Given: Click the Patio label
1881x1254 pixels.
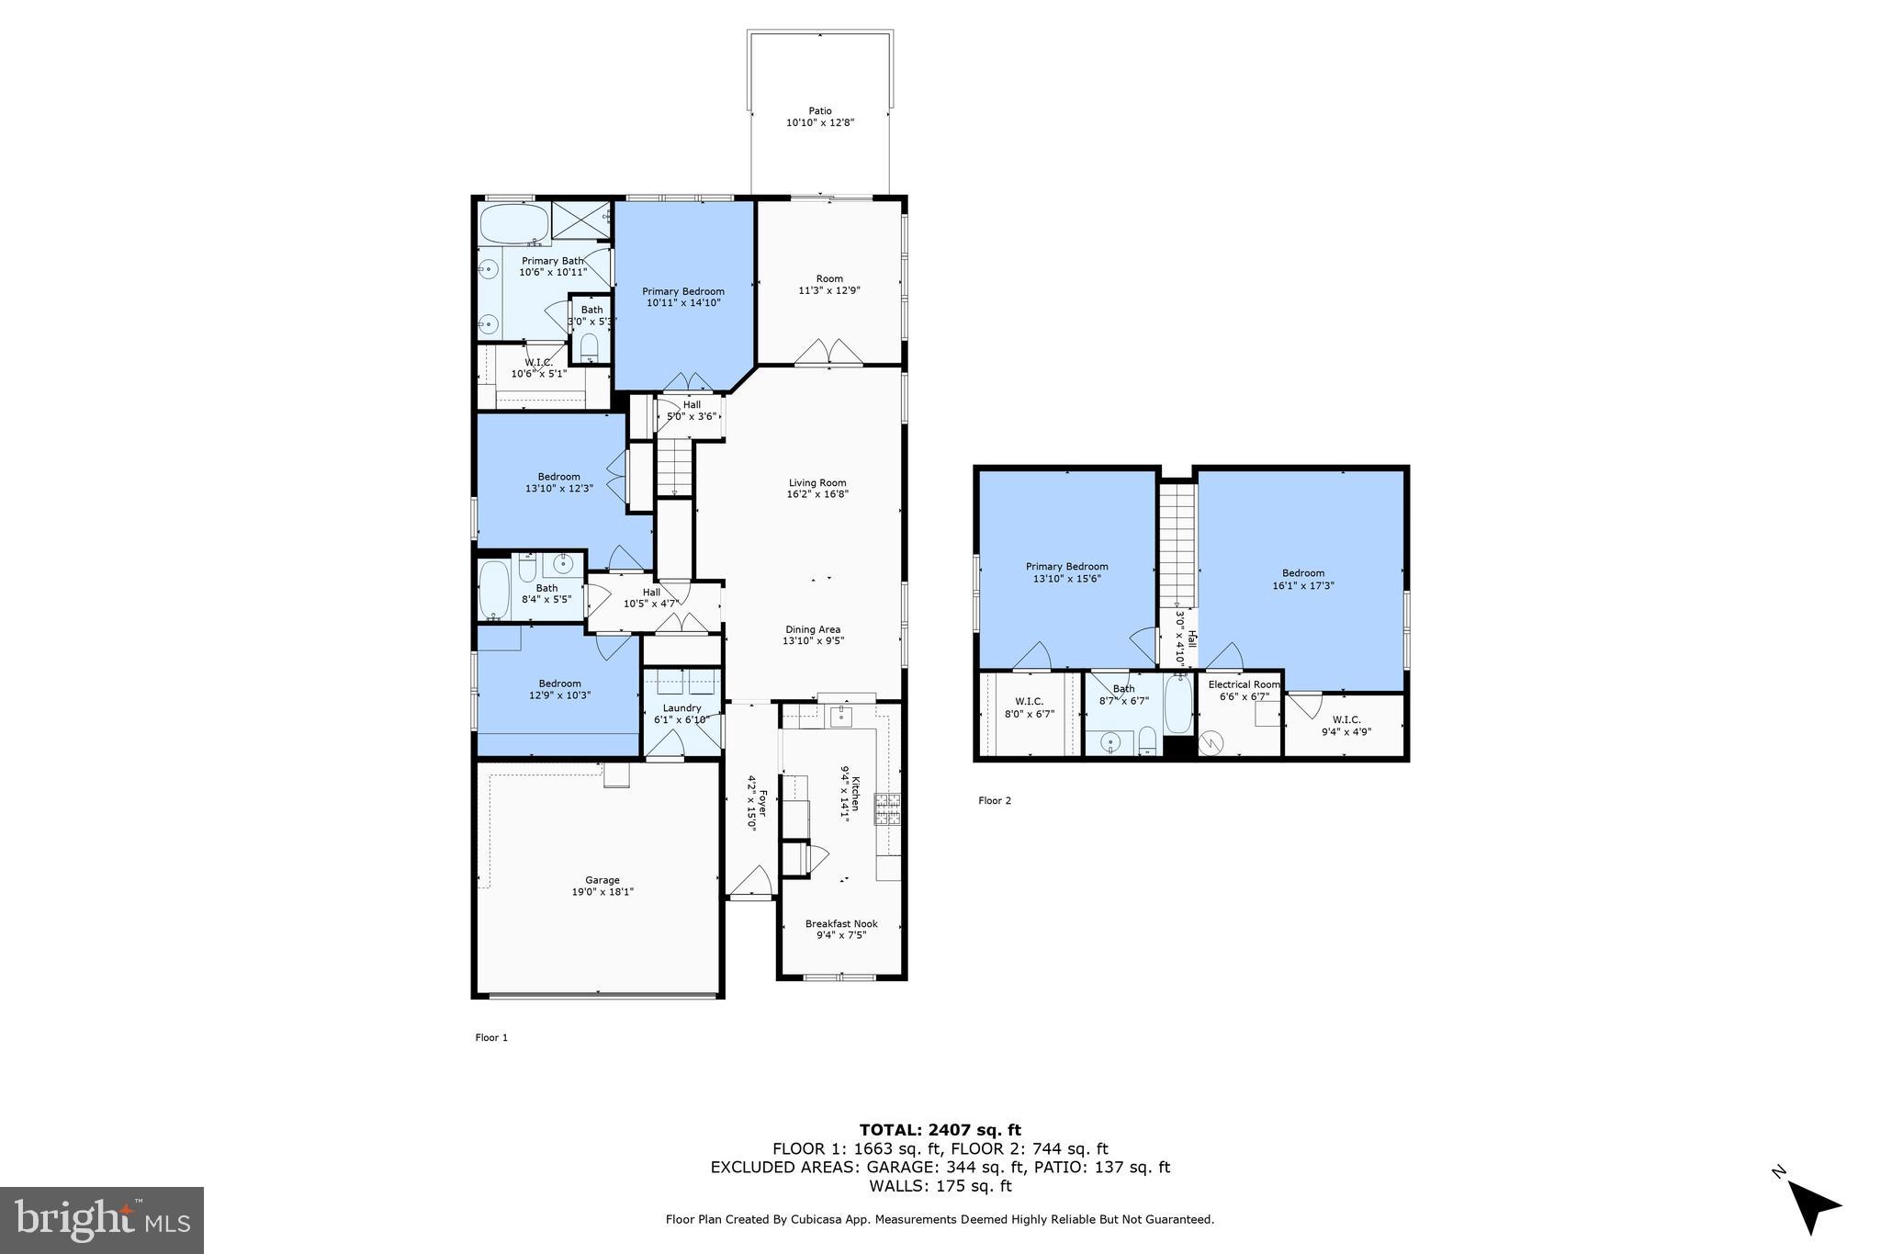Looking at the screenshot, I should coord(820,111).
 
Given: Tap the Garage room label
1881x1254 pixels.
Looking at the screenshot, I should coord(603,880).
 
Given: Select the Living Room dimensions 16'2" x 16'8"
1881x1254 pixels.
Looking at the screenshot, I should coord(817,494).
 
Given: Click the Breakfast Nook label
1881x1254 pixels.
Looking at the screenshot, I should coord(841,924).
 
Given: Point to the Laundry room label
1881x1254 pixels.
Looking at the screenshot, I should coord(681,708).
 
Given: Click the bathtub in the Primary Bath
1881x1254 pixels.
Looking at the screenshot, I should coord(513,221).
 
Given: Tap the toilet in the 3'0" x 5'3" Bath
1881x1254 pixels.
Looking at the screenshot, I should coord(590,346).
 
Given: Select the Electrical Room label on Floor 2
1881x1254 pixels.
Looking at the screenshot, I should coord(1244,684).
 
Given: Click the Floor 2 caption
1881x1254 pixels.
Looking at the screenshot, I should coord(994,801).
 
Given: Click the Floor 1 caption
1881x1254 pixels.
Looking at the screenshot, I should coord(490,1038).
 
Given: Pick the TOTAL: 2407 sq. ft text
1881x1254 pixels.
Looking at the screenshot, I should coord(940,1130).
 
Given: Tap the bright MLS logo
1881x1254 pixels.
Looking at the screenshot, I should coord(102,1220).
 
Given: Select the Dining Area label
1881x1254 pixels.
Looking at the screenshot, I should coord(813,629).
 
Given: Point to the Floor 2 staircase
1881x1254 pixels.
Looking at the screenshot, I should coord(1177,542).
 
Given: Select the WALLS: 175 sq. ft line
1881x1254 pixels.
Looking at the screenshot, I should coord(940,1186).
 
